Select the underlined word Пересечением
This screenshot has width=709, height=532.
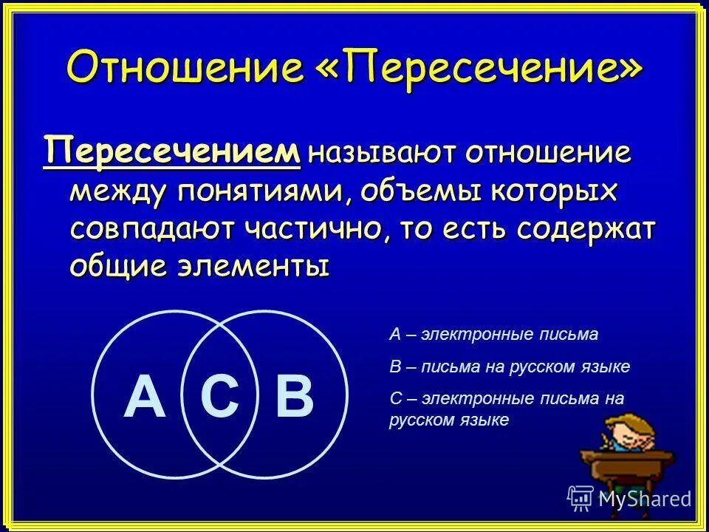(173, 151)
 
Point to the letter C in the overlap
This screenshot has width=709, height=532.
(220, 395)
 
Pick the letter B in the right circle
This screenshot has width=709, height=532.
(294, 395)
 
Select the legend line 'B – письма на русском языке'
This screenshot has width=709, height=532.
(510, 366)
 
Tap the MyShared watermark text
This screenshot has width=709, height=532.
(644, 498)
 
